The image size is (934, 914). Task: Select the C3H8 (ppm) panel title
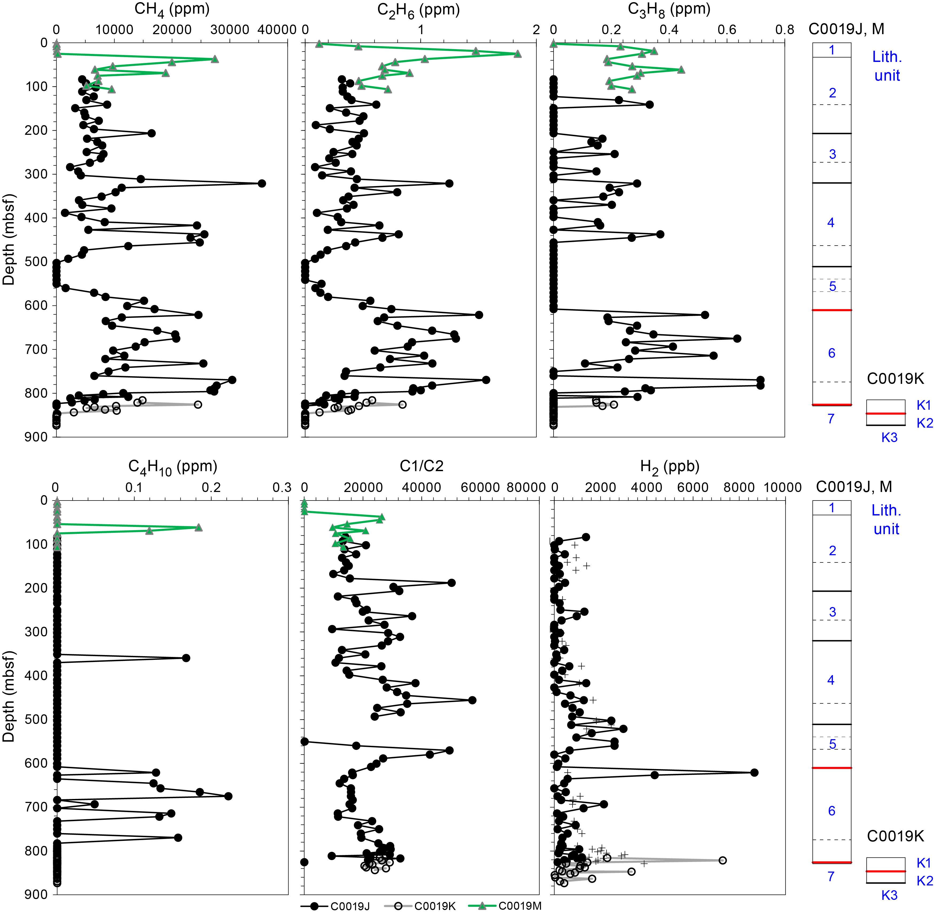tap(669, 10)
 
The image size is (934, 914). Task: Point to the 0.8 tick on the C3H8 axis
tap(785, 30)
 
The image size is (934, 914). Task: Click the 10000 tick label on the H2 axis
tap(783, 488)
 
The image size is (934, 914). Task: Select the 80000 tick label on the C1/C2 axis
tap(523, 488)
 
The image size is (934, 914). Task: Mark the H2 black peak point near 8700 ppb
tap(754, 772)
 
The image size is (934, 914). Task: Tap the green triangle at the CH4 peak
tap(215, 59)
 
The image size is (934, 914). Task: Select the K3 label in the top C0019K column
tap(889, 438)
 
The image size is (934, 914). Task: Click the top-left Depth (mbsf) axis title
tap(9, 239)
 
